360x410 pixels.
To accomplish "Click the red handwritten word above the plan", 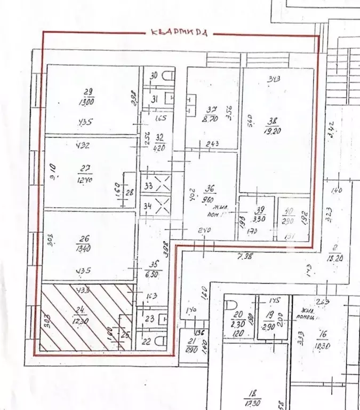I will pyautogui.click(x=179, y=32).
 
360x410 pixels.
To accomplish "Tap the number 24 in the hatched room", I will pyautogui.click(x=83, y=308).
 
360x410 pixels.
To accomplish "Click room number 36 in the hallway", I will pyautogui.click(x=211, y=188).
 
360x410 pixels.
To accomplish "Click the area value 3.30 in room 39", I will pyautogui.click(x=259, y=218).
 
